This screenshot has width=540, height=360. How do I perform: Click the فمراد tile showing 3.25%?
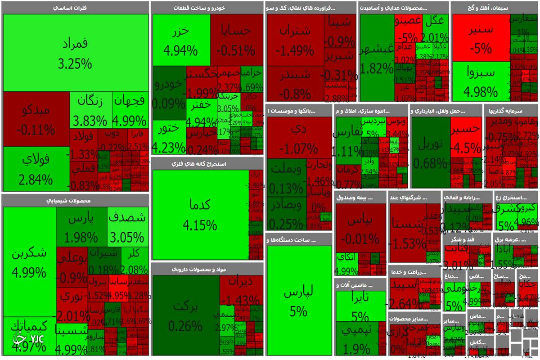pos(75,53)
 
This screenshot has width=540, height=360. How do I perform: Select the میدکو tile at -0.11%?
pos(36,119)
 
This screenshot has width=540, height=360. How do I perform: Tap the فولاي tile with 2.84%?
pos(36,169)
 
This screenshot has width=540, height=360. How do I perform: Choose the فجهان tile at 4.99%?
pos(129,110)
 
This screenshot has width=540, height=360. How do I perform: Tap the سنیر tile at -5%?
pos(480,38)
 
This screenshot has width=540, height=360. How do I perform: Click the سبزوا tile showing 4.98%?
pos(480,81)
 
